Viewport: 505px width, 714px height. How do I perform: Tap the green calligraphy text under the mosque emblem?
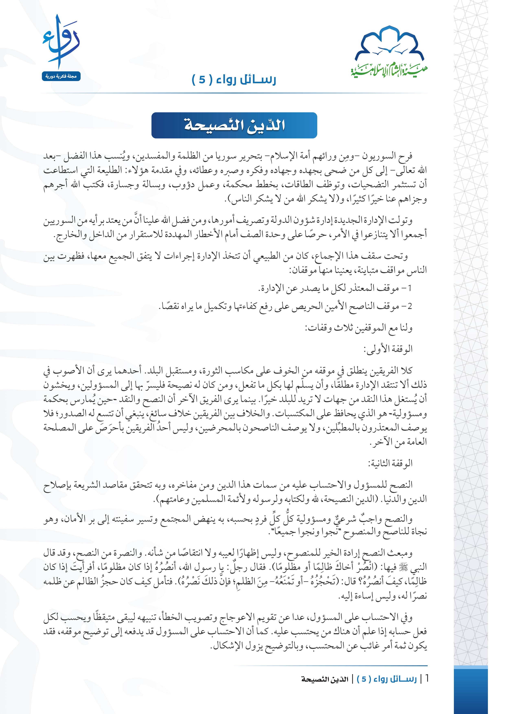(389, 70)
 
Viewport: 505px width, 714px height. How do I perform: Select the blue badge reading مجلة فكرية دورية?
(61, 76)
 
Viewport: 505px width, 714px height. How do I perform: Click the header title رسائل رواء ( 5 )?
(234, 80)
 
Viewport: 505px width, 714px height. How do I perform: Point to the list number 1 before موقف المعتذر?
(410, 288)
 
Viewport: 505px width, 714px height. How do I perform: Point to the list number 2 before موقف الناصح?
(410, 306)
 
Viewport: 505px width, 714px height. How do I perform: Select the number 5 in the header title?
(202, 80)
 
